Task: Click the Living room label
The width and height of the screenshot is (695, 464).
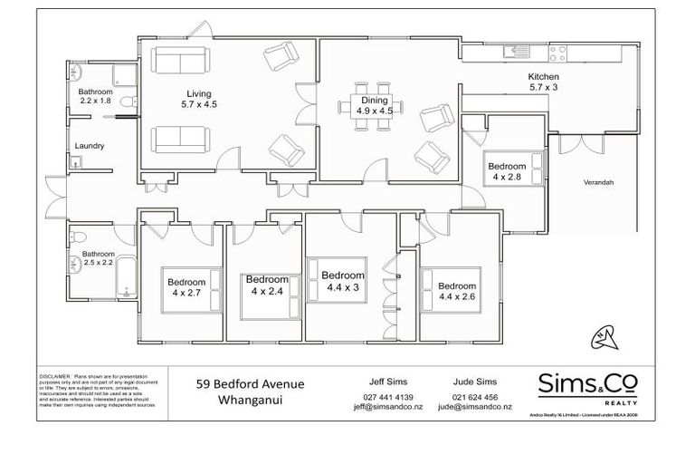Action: (x=198, y=99)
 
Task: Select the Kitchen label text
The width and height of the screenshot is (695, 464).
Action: (x=544, y=77)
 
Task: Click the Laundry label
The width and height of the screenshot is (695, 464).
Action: (x=90, y=146)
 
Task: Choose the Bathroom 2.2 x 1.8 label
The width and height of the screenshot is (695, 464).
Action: (x=95, y=96)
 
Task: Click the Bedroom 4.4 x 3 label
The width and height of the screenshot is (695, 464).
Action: (x=343, y=281)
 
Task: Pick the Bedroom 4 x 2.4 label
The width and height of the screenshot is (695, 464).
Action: (x=266, y=285)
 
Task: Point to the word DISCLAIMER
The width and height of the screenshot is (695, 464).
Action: (x=53, y=374)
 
